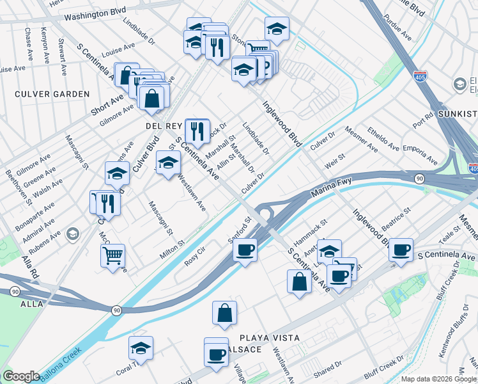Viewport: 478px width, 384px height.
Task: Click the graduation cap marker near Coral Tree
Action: click(x=141, y=348)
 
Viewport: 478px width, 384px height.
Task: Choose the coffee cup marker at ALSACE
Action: click(x=217, y=353)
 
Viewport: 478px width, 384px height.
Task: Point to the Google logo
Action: click(x=20, y=376)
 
